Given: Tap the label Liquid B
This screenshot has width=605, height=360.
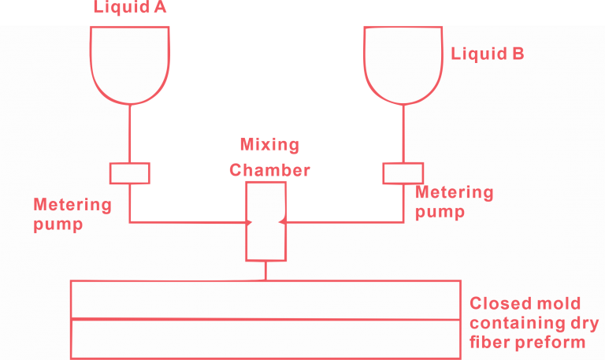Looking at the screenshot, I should (488, 54).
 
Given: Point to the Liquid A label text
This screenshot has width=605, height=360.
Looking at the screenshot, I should (131, 8).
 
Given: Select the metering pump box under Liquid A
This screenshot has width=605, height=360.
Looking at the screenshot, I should (130, 173).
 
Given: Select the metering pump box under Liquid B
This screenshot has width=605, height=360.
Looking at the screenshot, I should (403, 173).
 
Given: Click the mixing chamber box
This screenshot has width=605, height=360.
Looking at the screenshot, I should (265, 221).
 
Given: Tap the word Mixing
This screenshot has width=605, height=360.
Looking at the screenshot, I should (269, 146).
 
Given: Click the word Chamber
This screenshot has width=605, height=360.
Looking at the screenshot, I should (269, 169).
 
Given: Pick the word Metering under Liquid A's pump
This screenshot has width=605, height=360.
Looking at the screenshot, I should (72, 206).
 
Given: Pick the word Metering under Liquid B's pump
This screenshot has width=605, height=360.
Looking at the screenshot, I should (455, 193).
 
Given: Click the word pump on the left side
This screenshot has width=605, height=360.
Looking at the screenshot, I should (58, 224).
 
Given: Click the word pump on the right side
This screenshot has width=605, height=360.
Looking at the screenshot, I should (440, 211).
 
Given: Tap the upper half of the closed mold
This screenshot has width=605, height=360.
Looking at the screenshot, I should (265, 299).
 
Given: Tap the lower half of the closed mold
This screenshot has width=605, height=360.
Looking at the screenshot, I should (265, 338).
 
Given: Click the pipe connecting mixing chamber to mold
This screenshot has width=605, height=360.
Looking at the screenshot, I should (265, 270).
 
